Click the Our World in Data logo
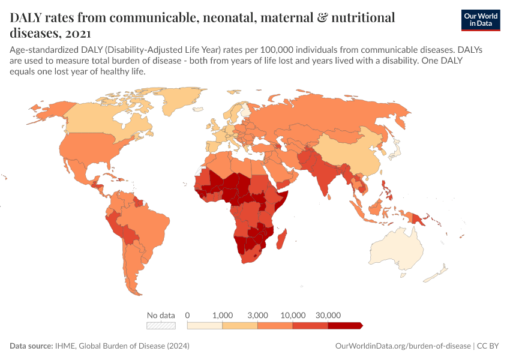coord(481,20)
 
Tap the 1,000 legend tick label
coord(223,315)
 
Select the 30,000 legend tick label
coord(328,315)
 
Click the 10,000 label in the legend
coord(293,315)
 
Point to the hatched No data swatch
coord(161,326)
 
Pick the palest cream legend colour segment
coord(205,326)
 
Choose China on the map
coord(351,153)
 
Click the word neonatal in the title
coord(229,18)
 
